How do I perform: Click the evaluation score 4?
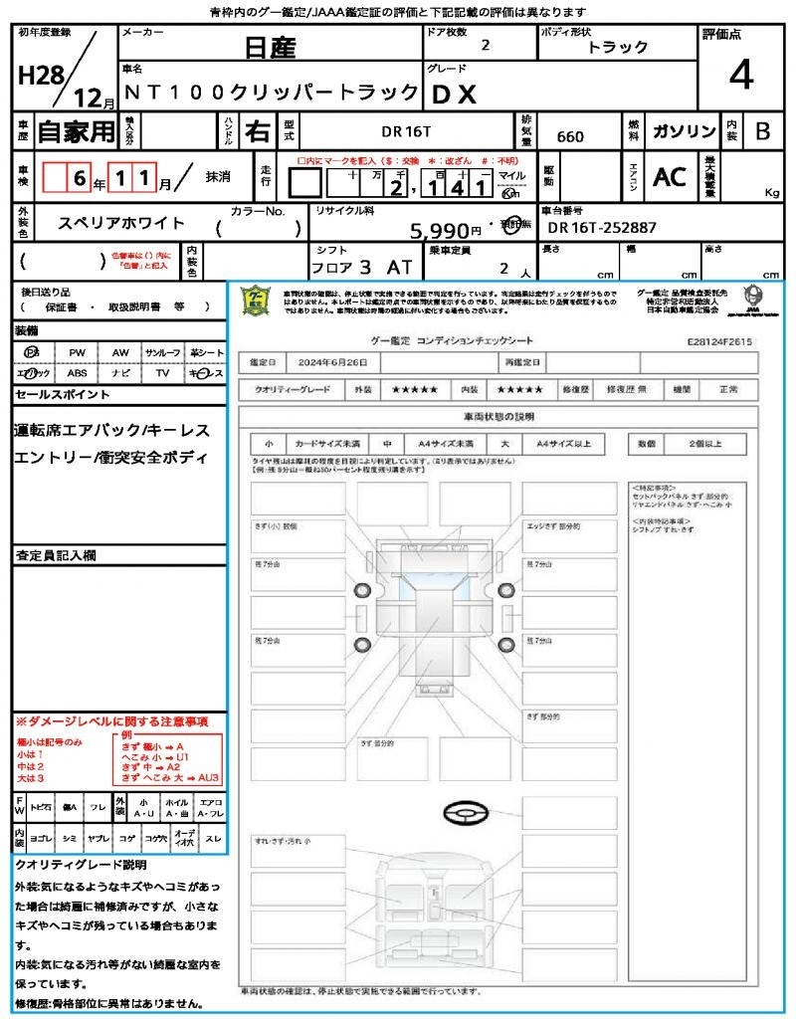pyautogui.click(x=740, y=76)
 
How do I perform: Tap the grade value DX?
pyautogui.click(x=454, y=94)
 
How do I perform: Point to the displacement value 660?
pyautogui.click(x=570, y=136)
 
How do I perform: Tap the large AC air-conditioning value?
pyautogui.click(x=670, y=177)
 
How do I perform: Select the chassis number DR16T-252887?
pyautogui.click(x=602, y=228)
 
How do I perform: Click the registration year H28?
pyautogui.click(x=40, y=76)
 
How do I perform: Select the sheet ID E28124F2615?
pyautogui.click(x=719, y=340)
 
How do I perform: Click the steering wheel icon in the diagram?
pyautogui.click(x=465, y=815)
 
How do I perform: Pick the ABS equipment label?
pyautogui.click(x=78, y=373)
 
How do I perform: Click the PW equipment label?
pyautogui.click(x=78, y=352)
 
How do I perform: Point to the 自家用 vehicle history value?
pyautogui.click(x=77, y=131)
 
